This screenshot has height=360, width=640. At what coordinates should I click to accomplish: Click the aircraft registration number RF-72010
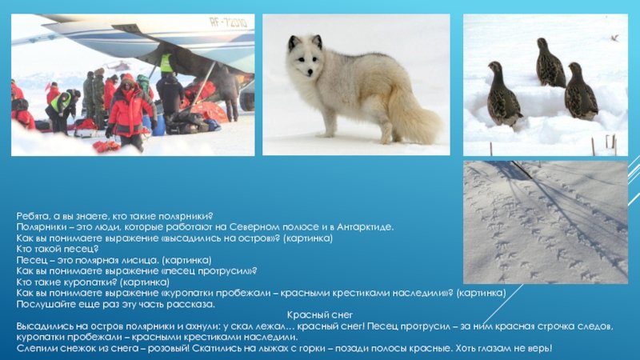point(228,22)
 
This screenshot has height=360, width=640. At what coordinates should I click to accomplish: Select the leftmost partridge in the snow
point(503,94)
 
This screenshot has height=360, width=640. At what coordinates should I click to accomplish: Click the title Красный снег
point(319,315)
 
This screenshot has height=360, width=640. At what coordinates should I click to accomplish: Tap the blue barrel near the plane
point(159,125)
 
